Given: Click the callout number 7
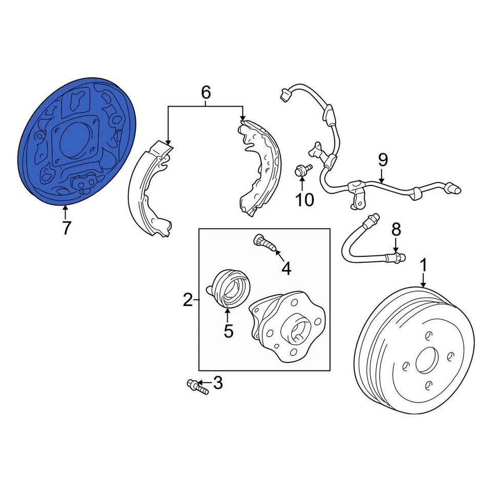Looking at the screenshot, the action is click(x=66, y=228).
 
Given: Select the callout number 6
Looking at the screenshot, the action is click(x=206, y=92).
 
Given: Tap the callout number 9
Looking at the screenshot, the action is click(x=383, y=160).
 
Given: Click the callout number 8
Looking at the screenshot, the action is click(x=396, y=230).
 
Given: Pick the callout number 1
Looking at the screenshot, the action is click(x=423, y=265).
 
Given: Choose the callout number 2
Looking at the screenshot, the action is click(x=188, y=299).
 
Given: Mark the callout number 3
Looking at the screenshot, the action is click(x=218, y=382).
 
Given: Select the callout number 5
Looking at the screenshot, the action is click(x=228, y=331).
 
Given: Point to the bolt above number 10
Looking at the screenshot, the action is click(x=302, y=171).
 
